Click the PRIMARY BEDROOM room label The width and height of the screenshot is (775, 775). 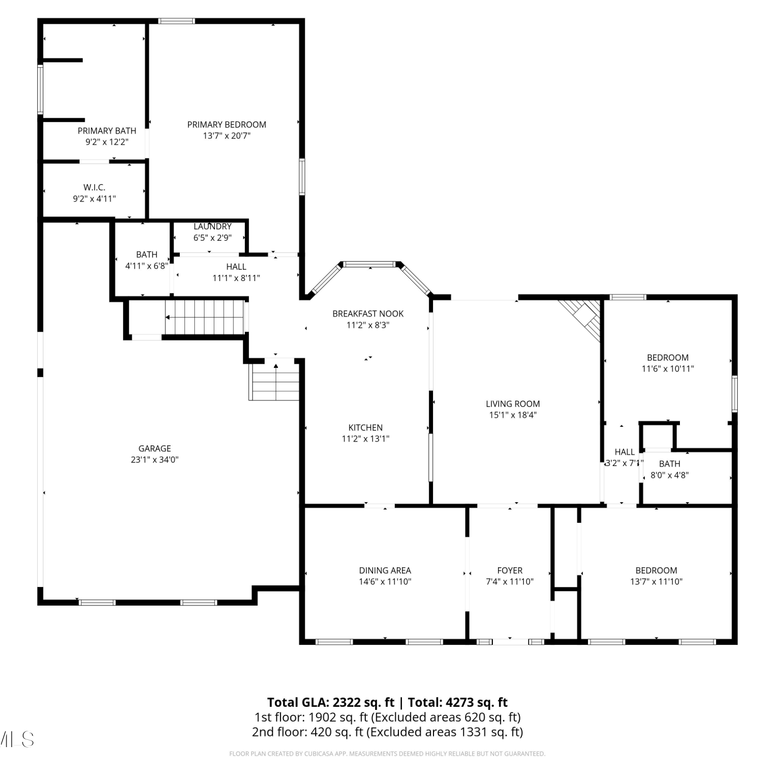pos(227,125)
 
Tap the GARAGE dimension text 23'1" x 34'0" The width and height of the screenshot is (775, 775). pos(154,460)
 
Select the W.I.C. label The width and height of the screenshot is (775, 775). pos(94,188)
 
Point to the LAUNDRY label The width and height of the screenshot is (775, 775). pos(212,226)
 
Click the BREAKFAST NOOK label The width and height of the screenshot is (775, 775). pos(368,314)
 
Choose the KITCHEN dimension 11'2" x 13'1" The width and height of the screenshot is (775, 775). pos(365,439)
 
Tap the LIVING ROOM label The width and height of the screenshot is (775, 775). pos(513,404)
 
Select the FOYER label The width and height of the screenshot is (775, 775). pos(509,570)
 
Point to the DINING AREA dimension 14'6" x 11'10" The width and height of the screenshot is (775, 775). pos(385,582)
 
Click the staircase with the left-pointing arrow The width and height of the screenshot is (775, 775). pos(205,317)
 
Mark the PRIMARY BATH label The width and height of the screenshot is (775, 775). pos(107,131)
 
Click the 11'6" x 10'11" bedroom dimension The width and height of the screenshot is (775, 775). pos(668,369)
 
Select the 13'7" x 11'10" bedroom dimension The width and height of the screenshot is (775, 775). pos(656,582)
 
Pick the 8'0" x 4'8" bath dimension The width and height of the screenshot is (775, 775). pos(670,475)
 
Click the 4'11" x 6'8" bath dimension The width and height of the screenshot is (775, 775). pos(147,266)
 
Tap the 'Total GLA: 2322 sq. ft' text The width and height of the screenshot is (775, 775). pos(331,703)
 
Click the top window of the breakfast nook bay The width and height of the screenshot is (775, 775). pos(370,265)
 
